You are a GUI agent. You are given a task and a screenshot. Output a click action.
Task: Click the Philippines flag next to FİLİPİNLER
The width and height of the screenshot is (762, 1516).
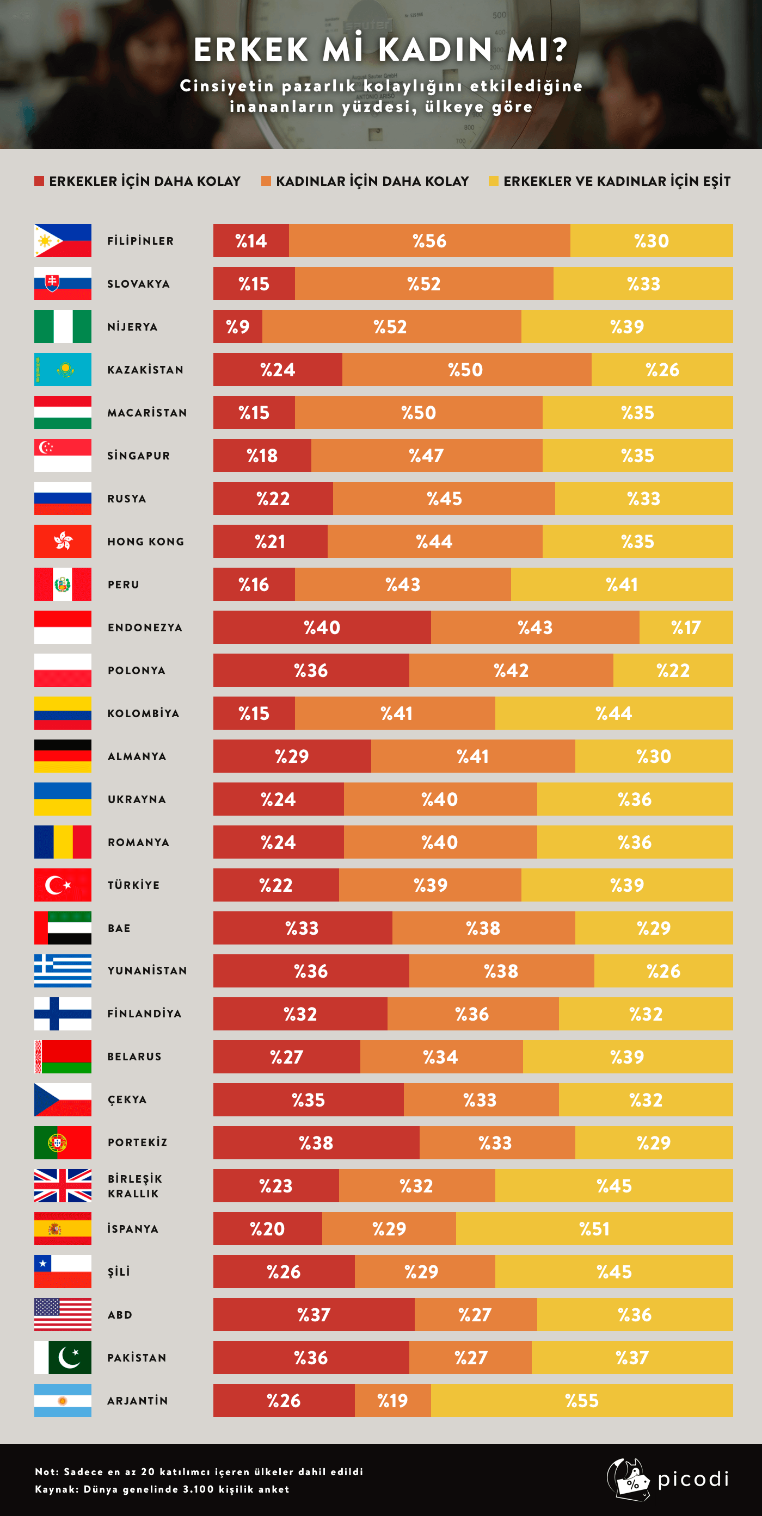[63, 241]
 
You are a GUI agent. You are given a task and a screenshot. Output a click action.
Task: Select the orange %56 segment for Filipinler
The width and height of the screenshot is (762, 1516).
[429, 241]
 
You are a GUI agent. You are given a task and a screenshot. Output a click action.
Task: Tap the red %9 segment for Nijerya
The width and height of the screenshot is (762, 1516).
[237, 327]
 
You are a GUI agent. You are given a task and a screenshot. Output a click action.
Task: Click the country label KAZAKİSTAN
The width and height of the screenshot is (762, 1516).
[145, 370]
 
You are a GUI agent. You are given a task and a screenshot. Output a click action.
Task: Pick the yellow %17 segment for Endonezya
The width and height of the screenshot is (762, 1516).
[686, 627]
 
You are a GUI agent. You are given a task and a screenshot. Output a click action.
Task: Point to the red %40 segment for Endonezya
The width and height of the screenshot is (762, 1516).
[322, 627]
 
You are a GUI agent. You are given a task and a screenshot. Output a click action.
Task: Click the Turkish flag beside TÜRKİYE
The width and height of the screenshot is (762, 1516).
[63, 885]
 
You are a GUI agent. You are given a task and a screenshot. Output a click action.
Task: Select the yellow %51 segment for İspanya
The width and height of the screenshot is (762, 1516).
[594, 1229]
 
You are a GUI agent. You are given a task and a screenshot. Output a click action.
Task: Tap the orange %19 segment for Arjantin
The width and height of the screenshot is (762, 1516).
[393, 1401]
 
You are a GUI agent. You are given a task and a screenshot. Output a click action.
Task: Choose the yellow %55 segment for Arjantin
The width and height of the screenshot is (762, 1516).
[582, 1401]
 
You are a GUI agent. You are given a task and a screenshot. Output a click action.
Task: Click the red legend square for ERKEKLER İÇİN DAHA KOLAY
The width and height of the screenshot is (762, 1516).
[39, 181]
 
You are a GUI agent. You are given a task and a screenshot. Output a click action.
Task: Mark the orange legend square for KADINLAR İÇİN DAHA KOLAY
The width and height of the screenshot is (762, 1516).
[266, 181]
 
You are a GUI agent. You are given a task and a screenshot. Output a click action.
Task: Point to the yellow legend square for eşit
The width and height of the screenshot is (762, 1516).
[494, 181]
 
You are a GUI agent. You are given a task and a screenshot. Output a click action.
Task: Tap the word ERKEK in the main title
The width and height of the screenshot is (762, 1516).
[251, 49]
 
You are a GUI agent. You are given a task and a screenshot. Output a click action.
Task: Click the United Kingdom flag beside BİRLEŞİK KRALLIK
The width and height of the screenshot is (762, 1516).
[63, 1186]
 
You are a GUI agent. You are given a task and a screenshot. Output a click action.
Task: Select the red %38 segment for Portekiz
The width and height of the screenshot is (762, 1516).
[316, 1143]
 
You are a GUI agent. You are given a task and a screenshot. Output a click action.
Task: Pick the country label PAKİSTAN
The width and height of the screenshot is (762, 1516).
[137, 1358]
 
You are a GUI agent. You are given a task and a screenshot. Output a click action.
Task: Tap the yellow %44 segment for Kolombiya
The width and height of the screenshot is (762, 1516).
[613, 713]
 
